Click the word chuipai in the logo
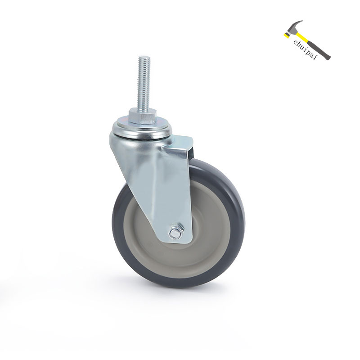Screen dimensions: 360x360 pyautogui.click(x=305, y=49)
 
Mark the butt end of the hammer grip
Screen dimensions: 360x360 pyautogui.click(x=328, y=58)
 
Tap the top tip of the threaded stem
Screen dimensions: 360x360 pyautogui.click(x=144, y=56)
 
